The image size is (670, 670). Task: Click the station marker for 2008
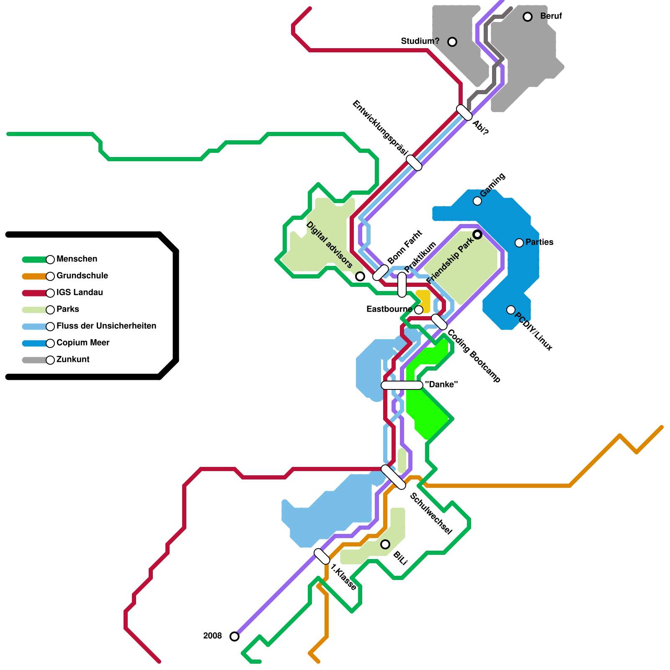(x=234, y=636)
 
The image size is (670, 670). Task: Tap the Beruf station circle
(x=528, y=17)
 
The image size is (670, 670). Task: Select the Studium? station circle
(x=452, y=41)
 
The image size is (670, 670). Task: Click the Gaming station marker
(x=477, y=201)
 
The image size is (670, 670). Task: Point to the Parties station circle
(x=519, y=243)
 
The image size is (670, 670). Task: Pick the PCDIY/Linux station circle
(x=511, y=310)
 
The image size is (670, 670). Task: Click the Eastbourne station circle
(x=419, y=310)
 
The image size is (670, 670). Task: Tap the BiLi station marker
(x=385, y=544)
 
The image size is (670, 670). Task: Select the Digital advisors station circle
(x=360, y=276)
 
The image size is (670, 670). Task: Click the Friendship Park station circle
(x=477, y=234)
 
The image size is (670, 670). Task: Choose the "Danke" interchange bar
(x=402, y=385)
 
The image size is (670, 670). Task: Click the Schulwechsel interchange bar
(x=394, y=477)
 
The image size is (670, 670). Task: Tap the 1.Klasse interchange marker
(x=322, y=557)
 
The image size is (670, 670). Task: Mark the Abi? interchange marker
(x=464, y=113)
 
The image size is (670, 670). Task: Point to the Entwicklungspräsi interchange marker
(x=414, y=163)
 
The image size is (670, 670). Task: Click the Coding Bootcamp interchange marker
(x=439, y=322)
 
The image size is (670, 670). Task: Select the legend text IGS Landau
(x=80, y=293)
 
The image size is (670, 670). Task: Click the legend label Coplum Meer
(x=83, y=343)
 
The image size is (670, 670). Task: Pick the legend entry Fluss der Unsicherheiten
(x=106, y=326)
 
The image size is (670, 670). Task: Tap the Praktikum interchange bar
(x=402, y=285)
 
